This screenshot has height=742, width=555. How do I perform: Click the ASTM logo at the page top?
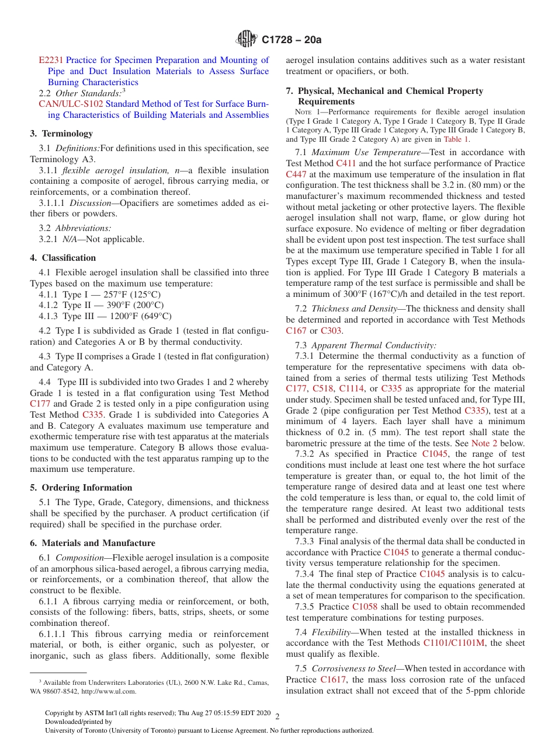point(246,40)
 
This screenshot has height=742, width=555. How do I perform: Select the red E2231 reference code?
point(51,60)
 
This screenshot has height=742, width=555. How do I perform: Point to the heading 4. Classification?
point(63,258)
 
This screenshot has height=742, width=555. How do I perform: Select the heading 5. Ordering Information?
point(81,488)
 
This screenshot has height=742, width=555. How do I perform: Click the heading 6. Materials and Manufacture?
point(92,543)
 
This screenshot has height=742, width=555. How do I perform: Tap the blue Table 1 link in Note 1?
point(456,139)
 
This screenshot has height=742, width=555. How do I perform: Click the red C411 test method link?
point(346,163)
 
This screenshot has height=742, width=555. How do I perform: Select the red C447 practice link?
point(296,174)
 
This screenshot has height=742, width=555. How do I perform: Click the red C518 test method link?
point(322,388)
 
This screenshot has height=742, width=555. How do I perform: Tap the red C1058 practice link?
point(364,607)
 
